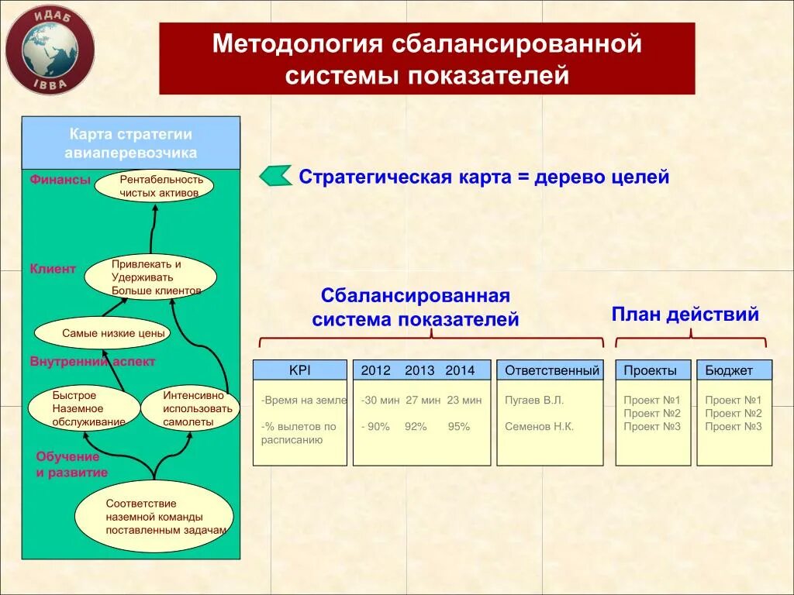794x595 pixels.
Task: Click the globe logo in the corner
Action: coord(50,50)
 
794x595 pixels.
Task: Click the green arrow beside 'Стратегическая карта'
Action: coord(275,176)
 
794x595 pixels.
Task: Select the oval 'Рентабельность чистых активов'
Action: coord(154,186)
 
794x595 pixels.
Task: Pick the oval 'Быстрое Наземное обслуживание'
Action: coord(83,408)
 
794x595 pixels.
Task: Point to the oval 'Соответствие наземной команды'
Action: coord(154,517)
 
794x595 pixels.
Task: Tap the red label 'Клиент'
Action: coord(54,269)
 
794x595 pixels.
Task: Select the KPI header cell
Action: coord(300,370)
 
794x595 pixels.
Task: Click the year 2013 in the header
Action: coord(419,370)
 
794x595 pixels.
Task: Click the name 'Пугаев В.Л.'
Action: coord(534,401)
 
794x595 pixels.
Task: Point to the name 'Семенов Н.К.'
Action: coord(540,426)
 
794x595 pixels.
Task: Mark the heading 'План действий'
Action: coord(685,315)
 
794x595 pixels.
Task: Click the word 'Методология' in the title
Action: coord(298,44)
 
